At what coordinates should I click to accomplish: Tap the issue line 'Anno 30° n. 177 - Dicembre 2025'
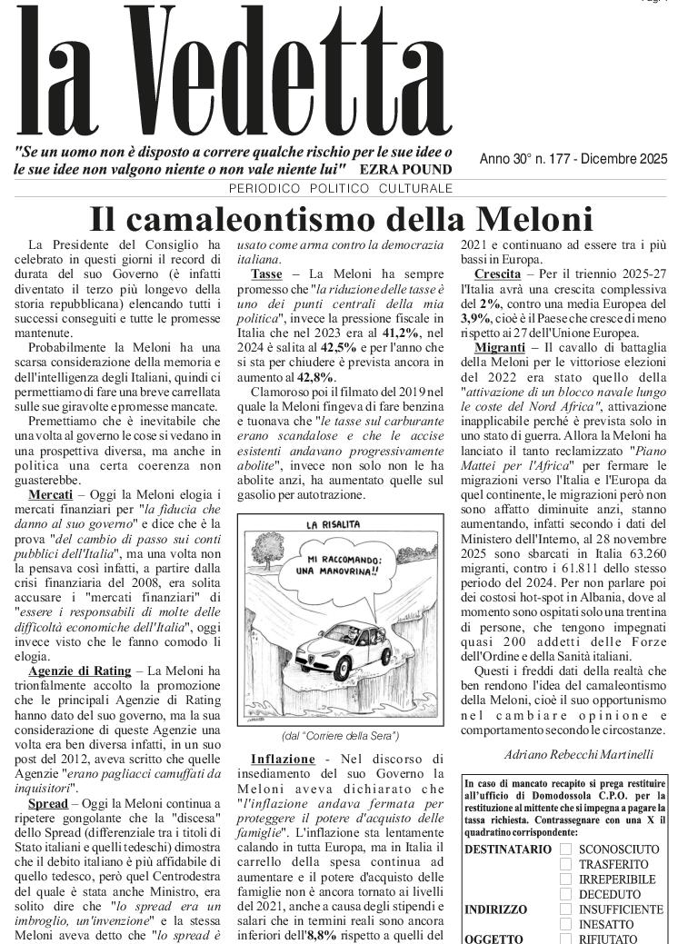tap(573, 160)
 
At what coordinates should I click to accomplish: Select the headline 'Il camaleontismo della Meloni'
tap(341, 219)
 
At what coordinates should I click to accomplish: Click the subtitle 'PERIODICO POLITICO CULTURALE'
tap(340, 189)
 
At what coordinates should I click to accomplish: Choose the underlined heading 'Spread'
tap(47, 805)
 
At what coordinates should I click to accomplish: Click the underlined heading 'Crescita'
tap(497, 273)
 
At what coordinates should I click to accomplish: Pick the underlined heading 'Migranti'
tap(502, 349)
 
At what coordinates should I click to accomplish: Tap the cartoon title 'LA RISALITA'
tap(333, 525)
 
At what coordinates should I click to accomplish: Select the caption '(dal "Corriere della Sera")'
tap(340, 735)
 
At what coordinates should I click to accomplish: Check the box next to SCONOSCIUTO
tap(565, 849)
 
